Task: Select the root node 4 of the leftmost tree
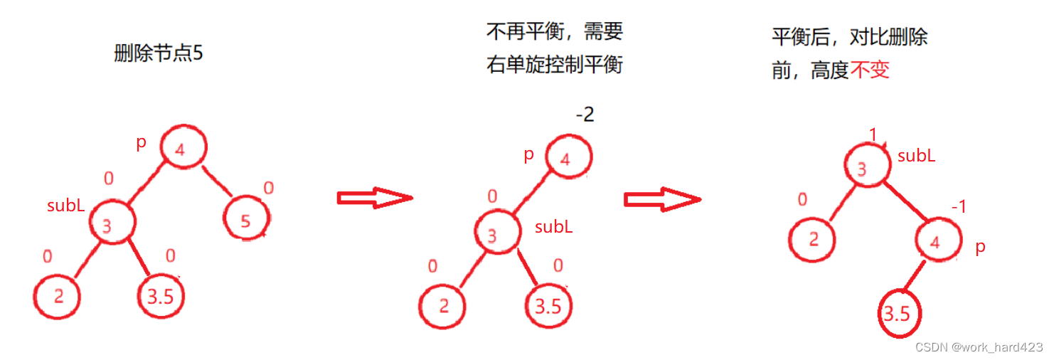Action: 183,147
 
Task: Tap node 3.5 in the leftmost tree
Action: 161,296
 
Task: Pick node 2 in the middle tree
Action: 443,306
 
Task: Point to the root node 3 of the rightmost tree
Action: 866,168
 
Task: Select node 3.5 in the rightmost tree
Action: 898,313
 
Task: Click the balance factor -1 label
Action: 959,207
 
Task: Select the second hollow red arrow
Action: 662,198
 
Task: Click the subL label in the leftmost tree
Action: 66,206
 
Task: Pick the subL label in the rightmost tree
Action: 916,156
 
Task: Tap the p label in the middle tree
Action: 528,155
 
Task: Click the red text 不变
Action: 870,70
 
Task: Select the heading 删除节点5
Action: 159,53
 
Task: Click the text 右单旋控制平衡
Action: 555,65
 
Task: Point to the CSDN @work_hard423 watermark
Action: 979,347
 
